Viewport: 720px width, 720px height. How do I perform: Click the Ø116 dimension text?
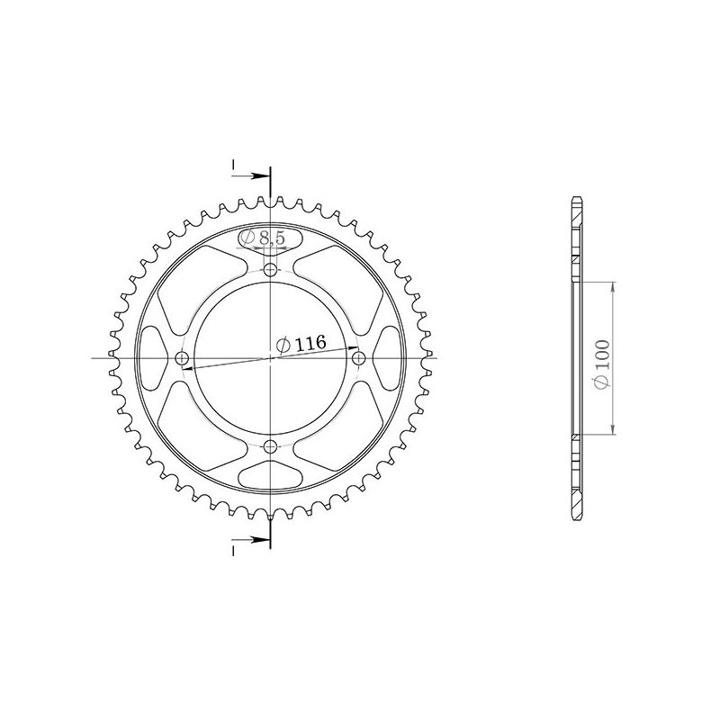click(x=301, y=344)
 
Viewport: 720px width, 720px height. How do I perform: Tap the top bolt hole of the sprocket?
click(x=271, y=270)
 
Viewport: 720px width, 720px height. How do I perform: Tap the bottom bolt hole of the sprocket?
click(x=271, y=446)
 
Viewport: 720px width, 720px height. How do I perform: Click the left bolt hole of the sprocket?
click(x=183, y=359)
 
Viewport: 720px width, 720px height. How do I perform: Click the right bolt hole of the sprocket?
click(x=359, y=359)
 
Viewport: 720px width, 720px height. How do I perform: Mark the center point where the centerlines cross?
click(x=271, y=358)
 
